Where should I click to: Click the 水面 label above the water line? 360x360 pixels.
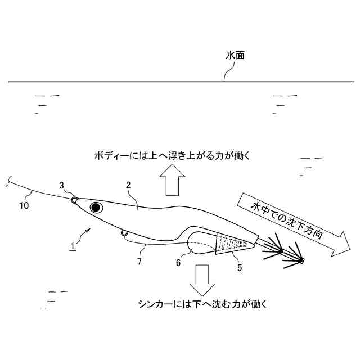pos(235,56)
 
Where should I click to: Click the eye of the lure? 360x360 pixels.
pos(96,208)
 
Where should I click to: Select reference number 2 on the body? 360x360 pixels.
pos(128,185)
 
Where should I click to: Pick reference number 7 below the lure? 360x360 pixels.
pos(139,262)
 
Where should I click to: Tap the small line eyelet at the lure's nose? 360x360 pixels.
pos(74,199)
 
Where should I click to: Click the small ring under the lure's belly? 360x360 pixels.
pos(123,233)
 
